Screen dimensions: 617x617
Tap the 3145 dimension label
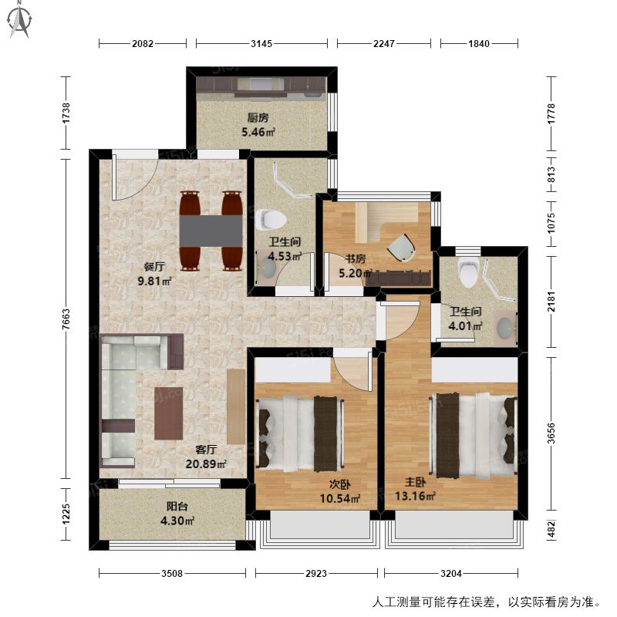tap(261, 43)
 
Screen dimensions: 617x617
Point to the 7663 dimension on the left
tap(66, 319)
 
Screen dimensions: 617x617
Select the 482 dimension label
tap(551, 529)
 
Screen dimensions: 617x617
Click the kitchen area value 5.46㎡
tap(258, 132)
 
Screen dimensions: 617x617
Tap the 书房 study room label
tap(356, 259)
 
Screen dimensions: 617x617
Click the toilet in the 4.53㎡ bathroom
tap(271, 219)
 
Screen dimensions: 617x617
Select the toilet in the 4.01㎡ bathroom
tap(468, 271)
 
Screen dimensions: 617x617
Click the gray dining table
tap(211, 231)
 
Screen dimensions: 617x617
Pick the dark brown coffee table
tap(168, 413)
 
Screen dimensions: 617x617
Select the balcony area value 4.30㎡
tap(177, 521)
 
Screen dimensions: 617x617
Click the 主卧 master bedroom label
tap(415, 483)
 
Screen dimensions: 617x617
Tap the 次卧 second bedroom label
tap(340, 485)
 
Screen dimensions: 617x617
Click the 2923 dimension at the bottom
tap(316, 573)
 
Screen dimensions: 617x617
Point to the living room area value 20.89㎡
tap(206, 464)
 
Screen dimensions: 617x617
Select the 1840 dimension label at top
tap(479, 43)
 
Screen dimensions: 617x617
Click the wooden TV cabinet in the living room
tap(236, 407)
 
